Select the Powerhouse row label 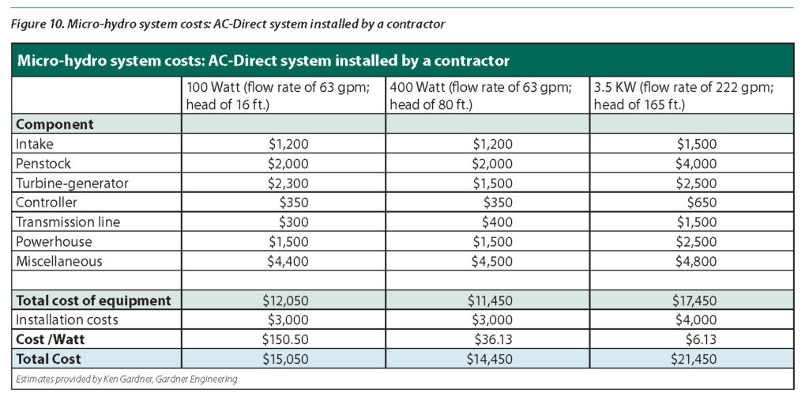click(54, 242)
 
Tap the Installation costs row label click(67, 320)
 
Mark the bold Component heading click(55, 125)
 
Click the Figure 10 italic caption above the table click(229, 24)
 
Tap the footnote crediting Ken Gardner click(126, 379)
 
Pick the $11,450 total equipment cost click(490, 301)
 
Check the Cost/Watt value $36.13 click(494, 339)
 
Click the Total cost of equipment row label click(94, 301)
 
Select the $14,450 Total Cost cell click(490, 359)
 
